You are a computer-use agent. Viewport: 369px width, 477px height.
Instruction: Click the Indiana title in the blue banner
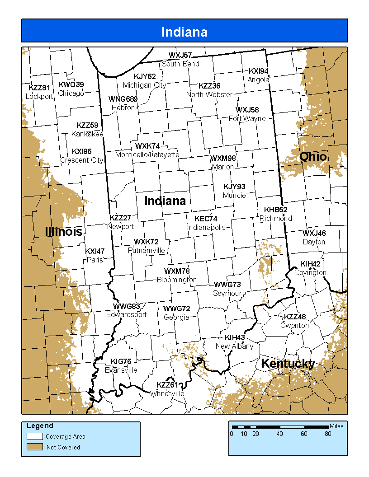tap(184, 32)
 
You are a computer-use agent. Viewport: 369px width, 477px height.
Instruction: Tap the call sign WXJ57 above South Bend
tap(180, 56)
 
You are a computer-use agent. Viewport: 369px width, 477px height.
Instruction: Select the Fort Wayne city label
tap(247, 119)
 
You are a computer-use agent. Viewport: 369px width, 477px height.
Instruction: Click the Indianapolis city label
tap(206, 228)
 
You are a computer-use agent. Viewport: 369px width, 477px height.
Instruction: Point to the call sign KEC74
tap(206, 219)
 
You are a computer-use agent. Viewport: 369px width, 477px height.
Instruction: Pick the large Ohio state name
tap(313, 157)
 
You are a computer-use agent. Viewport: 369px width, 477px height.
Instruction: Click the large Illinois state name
tap(64, 232)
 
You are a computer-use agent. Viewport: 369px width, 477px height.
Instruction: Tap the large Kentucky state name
tap(288, 364)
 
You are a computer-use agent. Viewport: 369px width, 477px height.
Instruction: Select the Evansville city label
tap(121, 370)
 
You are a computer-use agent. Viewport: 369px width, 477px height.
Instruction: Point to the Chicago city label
tap(71, 94)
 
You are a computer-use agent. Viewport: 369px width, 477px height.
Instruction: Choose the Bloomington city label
tap(177, 280)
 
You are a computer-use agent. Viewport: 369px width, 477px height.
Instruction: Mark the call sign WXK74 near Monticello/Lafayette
tap(147, 146)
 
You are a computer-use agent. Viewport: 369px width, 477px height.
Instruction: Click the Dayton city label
tap(314, 242)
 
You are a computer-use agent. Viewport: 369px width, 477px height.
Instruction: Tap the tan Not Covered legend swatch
tap(34, 447)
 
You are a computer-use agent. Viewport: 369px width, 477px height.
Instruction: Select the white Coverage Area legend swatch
tap(34, 436)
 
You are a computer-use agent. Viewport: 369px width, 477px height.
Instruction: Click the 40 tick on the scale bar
tap(280, 434)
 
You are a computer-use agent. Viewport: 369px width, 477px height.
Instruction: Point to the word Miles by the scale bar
tap(336, 426)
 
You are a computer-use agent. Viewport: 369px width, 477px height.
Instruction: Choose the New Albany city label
tap(234, 346)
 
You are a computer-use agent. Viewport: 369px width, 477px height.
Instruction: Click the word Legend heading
tap(40, 426)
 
